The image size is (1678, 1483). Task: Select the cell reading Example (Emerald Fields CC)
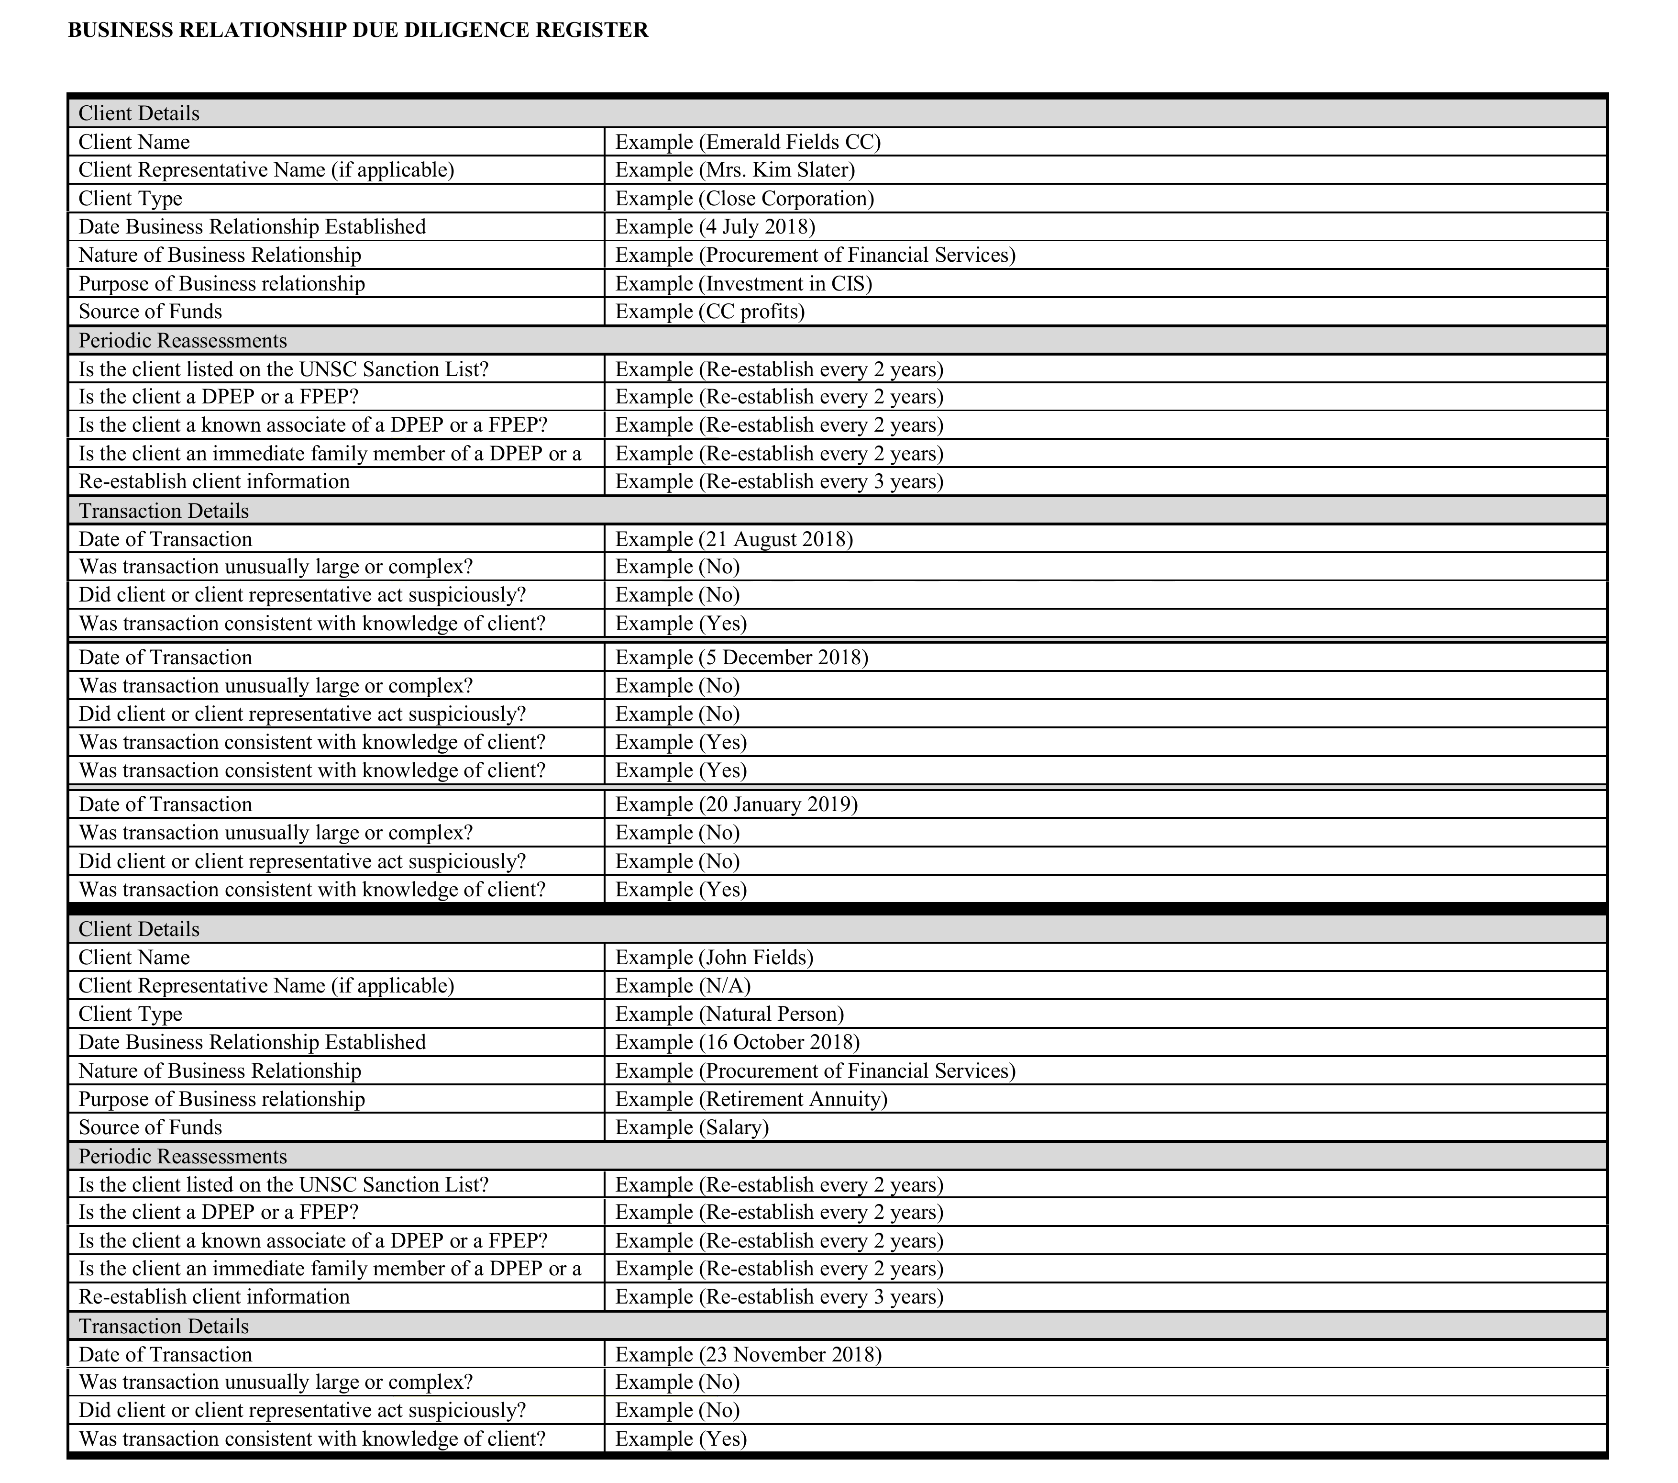pyautogui.click(x=747, y=142)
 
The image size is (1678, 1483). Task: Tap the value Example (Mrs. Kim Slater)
pyautogui.click(x=735, y=170)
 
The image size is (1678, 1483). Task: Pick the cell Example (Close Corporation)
pyautogui.click(x=744, y=199)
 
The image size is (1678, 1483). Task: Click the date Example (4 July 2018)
pyautogui.click(x=714, y=227)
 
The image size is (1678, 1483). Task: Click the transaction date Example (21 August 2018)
pyautogui.click(x=734, y=539)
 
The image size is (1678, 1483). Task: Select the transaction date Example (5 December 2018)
pyautogui.click(x=741, y=657)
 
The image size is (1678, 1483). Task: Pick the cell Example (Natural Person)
pyautogui.click(x=729, y=1014)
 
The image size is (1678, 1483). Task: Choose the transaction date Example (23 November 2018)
pyautogui.click(x=748, y=1354)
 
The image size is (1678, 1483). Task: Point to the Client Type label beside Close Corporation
pyautogui.click(x=131, y=199)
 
